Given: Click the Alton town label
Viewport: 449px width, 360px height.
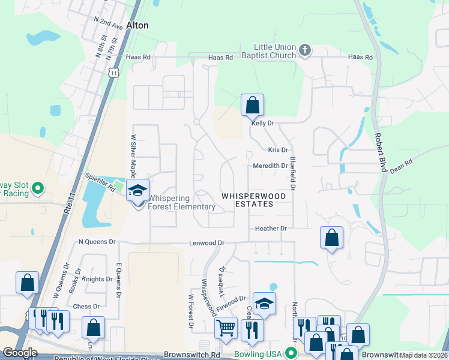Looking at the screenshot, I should tap(137, 25).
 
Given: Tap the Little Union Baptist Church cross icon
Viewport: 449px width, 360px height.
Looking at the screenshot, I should tap(305, 50).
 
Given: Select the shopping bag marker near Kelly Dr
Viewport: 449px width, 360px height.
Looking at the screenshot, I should tap(252, 106).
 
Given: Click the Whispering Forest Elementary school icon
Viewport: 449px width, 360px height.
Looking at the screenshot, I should tap(138, 191).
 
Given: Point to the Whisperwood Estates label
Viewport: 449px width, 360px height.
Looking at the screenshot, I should tap(247, 200).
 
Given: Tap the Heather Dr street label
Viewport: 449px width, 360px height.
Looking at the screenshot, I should tap(271, 229).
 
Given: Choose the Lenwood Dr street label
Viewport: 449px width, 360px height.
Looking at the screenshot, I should tap(206, 243).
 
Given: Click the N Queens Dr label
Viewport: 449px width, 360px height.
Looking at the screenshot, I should tap(97, 242).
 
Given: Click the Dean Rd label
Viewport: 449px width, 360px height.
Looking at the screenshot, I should tap(402, 163).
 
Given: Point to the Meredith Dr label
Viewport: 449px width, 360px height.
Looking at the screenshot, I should tap(270, 166).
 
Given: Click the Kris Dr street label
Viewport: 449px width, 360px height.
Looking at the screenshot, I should tap(278, 150).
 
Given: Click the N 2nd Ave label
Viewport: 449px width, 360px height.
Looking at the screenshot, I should tap(109, 22).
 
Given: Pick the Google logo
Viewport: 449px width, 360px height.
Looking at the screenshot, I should tap(20, 353).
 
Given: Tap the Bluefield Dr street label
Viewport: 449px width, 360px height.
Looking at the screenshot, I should tap(293, 174).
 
